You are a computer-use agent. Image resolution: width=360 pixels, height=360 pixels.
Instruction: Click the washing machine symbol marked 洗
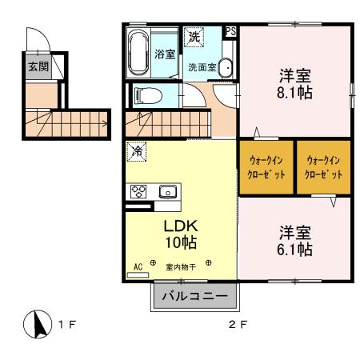point(194,36)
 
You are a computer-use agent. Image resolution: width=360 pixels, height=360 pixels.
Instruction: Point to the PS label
point(231,32)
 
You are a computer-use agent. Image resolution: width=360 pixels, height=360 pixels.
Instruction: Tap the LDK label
point(181,226)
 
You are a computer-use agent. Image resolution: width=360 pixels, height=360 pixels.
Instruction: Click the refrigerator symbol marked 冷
point(137,150)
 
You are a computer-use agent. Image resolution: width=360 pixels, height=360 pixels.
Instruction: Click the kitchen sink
point(168,191)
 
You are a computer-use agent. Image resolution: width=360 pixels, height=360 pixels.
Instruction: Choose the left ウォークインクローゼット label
point(266,166)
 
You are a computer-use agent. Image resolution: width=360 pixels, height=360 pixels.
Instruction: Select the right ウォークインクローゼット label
point(324,166)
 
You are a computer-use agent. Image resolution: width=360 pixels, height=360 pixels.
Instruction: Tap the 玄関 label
point(38,66)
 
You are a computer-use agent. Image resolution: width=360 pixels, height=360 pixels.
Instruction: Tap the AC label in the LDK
point(138,266)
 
